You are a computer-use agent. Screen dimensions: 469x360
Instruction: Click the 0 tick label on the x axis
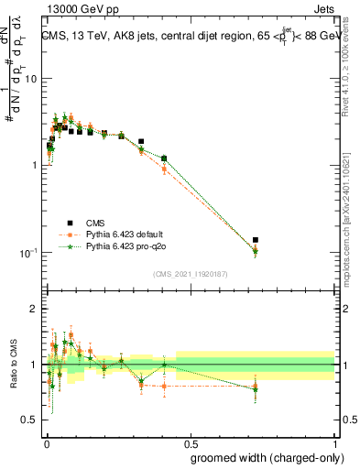click(x=46, y=442)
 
